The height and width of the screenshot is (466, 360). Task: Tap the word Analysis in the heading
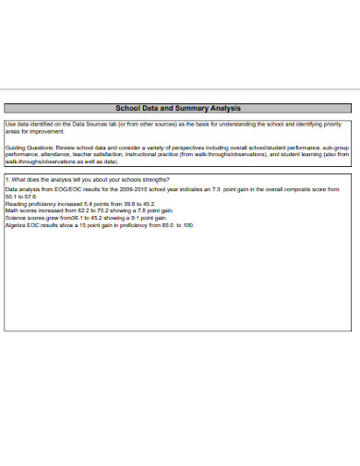pyautogui.click(x=227, y=108)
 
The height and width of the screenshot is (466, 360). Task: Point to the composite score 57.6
pyautogui.click(x=31, y=195)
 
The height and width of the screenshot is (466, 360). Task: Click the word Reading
pyautogui.click(x=17, y=202)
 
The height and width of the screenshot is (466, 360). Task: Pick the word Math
pyautogui.click(x=12, y=209)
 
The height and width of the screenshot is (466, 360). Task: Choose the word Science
pyautogui.click(x=17, y=217)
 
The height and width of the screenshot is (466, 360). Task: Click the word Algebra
pyautogui.click(x=17, y=224)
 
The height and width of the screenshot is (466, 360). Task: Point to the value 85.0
pyautogui.click(x=169, y=224)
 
